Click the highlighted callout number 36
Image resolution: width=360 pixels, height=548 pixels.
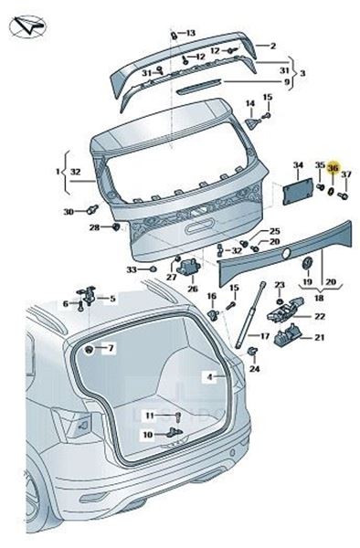[334, 168]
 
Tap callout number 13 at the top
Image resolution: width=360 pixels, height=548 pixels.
[190, 33]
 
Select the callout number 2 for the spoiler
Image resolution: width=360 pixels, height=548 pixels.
[273, 46]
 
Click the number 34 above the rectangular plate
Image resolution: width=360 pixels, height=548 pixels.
[298, 165]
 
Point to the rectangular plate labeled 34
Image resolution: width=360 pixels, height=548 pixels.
[298, 191]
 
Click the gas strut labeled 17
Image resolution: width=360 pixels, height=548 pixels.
[250, 316]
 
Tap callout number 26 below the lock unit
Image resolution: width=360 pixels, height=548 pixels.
[193, 289]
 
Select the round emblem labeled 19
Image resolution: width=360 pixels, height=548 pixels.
[308, 263]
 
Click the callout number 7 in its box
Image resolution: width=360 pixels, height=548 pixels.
[111, 348]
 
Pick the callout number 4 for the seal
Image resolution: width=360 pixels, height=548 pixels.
[210, 376]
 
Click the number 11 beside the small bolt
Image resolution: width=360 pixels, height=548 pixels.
[150, 416]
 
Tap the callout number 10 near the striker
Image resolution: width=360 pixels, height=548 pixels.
[148, 435]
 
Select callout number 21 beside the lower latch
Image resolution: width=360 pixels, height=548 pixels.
[320, 338]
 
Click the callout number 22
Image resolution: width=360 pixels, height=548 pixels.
[320, 316]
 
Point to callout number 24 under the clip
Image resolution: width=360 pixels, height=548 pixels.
[254, 369]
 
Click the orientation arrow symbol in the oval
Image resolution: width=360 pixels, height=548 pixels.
[27, 26]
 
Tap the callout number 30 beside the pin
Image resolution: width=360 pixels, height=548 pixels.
[69, 212]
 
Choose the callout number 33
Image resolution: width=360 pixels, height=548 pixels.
[132, 269]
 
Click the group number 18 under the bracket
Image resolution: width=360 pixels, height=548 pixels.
[319, 298]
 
